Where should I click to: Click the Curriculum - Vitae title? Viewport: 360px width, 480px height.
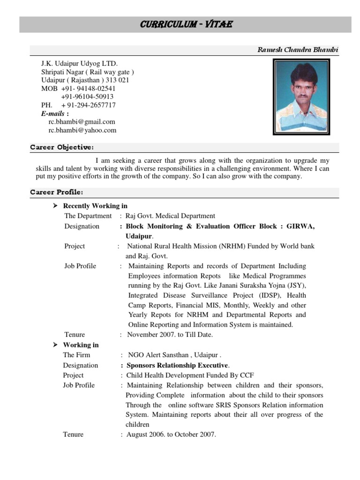(x=187, y=24)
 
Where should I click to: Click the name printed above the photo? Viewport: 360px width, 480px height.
(x=298, y=50)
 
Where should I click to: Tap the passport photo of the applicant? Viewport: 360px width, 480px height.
(x=301, y=97)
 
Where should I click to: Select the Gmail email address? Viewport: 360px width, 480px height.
(x=82, y=122)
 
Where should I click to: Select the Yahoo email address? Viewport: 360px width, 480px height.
(x=82, y=131)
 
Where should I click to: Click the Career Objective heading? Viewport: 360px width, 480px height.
(x=62, y=148)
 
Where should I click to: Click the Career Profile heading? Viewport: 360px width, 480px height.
(x=57, y=192)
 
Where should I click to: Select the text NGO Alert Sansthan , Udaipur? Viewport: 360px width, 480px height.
(x=174, y=355)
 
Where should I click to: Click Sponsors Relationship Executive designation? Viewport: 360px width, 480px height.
(x=178, y=365)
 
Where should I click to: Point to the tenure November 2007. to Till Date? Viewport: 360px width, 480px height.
(x=170, y=335)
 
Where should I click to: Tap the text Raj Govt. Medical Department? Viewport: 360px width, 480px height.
(x=171, y=216)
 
